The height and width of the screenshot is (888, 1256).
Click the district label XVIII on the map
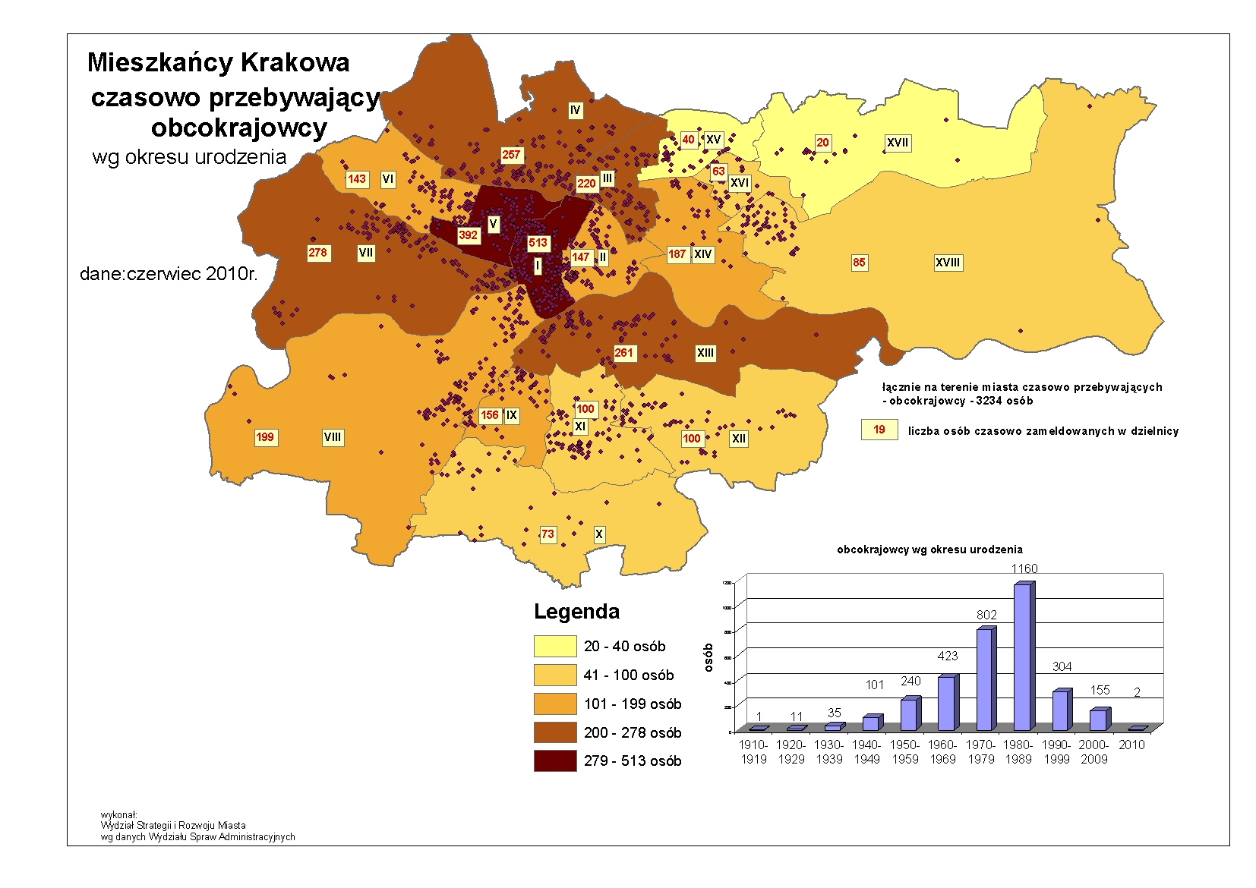tap(947, 263)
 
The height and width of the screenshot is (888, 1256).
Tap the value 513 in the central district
tap(538, 243)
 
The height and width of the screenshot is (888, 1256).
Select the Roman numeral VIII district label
tap(333, 437)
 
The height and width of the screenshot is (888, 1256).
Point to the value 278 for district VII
tap(317, 253)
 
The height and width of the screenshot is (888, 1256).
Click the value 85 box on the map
tap(859, 263)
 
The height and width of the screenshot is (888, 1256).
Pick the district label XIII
tap(705, 353)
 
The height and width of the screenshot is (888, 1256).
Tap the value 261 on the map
tap(623, 353)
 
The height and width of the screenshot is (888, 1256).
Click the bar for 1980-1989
tap(1022, 657)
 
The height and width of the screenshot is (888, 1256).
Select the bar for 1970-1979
tap(984, 679)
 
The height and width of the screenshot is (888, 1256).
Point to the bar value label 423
tap(948, 656)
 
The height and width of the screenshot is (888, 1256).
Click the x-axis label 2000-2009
tap(1094, 751)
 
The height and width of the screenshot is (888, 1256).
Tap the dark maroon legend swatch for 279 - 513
tap(555, 760)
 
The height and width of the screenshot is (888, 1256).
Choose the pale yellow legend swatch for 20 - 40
tap(555, 646)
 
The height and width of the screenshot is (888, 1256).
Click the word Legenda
tap(576, 612)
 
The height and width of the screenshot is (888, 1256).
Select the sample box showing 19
tap(879, 430)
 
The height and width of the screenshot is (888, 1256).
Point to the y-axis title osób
tap(708, 657)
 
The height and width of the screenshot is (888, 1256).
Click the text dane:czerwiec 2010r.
tap(169, 274)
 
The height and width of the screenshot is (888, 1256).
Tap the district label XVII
tap(898, 143)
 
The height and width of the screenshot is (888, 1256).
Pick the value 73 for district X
tap(548, 534)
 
